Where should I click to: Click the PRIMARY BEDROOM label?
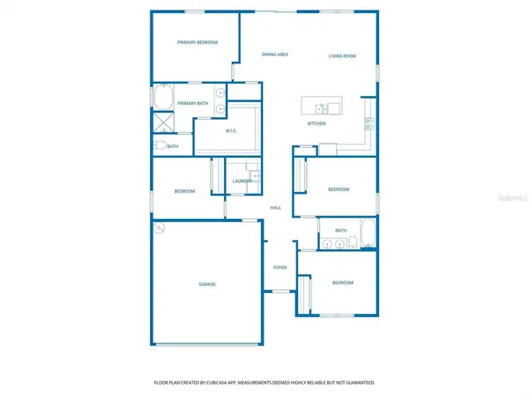pyautogui.click(x=197, y=42)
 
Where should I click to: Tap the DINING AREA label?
pyautogui.click(x=275, y=55)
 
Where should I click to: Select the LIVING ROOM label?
pyautogui.click(x=342, y=56)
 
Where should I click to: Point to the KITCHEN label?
pyautogui.click(x=317, y=123)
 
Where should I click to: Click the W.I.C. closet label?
pyautogui.click(x=232, y=131)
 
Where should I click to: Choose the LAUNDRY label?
pyautogui.click(x=242, y=181)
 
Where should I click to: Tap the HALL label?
pyautogui.click(x=276, y=208)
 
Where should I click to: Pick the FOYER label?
pyautogui.click(x=279, y=268)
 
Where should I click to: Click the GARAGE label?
pyautogui.click(x=207, y=284)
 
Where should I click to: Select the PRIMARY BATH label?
pyautogui.click(x=192, y=104)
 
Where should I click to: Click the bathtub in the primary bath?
pyautogui.click(x=163, y=95)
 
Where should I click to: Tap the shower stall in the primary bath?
pyautogui.click(x=162, y=121)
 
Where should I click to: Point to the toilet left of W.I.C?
pyautogui.click(x=160, y=146)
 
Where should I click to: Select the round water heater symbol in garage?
pyautogui.click(x=160, y=228)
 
